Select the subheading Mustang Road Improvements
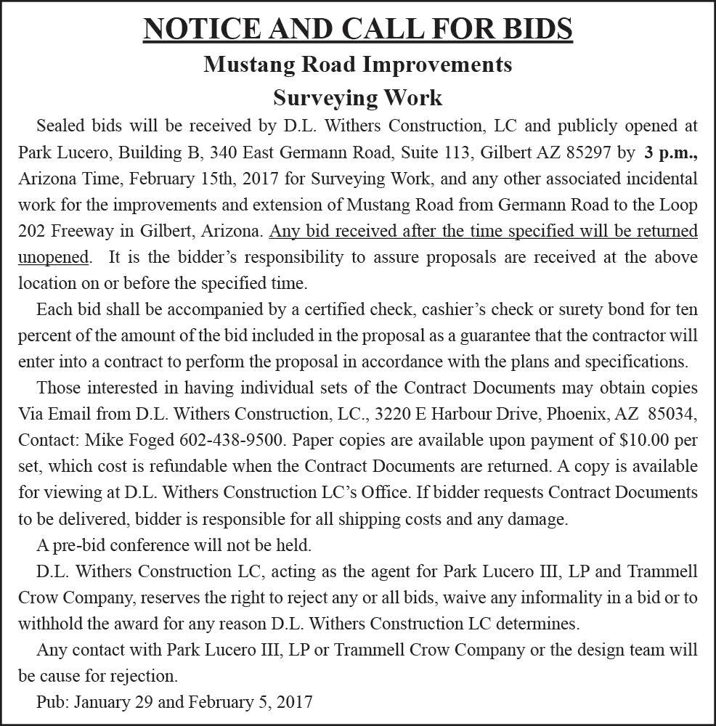(358, 64)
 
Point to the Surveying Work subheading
(357, 97)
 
